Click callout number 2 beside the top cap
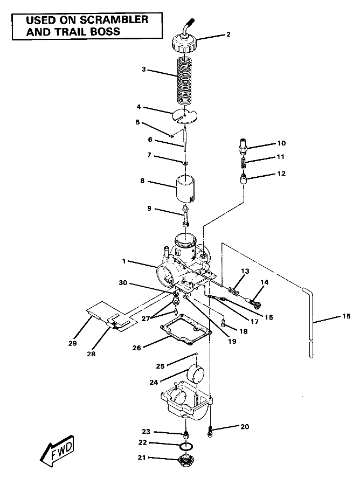[x=228, y=34]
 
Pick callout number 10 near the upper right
[x=281, y=143]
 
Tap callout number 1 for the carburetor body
[x=124, y=261]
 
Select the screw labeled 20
[x=210, y=430]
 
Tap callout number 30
[x=123, y=283]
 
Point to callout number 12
[x=281, y=174]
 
